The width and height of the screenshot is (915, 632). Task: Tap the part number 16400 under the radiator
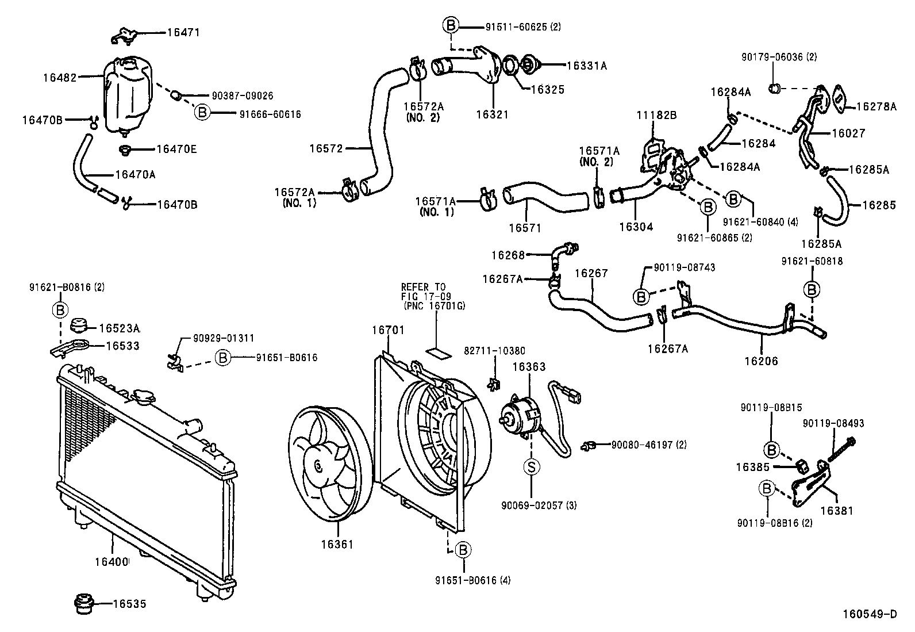coord(112,561)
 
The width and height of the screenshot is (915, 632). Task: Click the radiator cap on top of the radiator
coord(143,397)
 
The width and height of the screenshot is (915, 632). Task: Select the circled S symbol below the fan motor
coord(532,466)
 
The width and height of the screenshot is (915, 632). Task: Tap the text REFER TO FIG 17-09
coord(424,292)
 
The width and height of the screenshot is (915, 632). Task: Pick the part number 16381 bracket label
coord(836,510)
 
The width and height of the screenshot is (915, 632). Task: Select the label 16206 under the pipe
coord(761,361)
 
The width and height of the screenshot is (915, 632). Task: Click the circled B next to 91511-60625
coord(451,25)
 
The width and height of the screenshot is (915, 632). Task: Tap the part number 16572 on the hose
coord(326,148)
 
